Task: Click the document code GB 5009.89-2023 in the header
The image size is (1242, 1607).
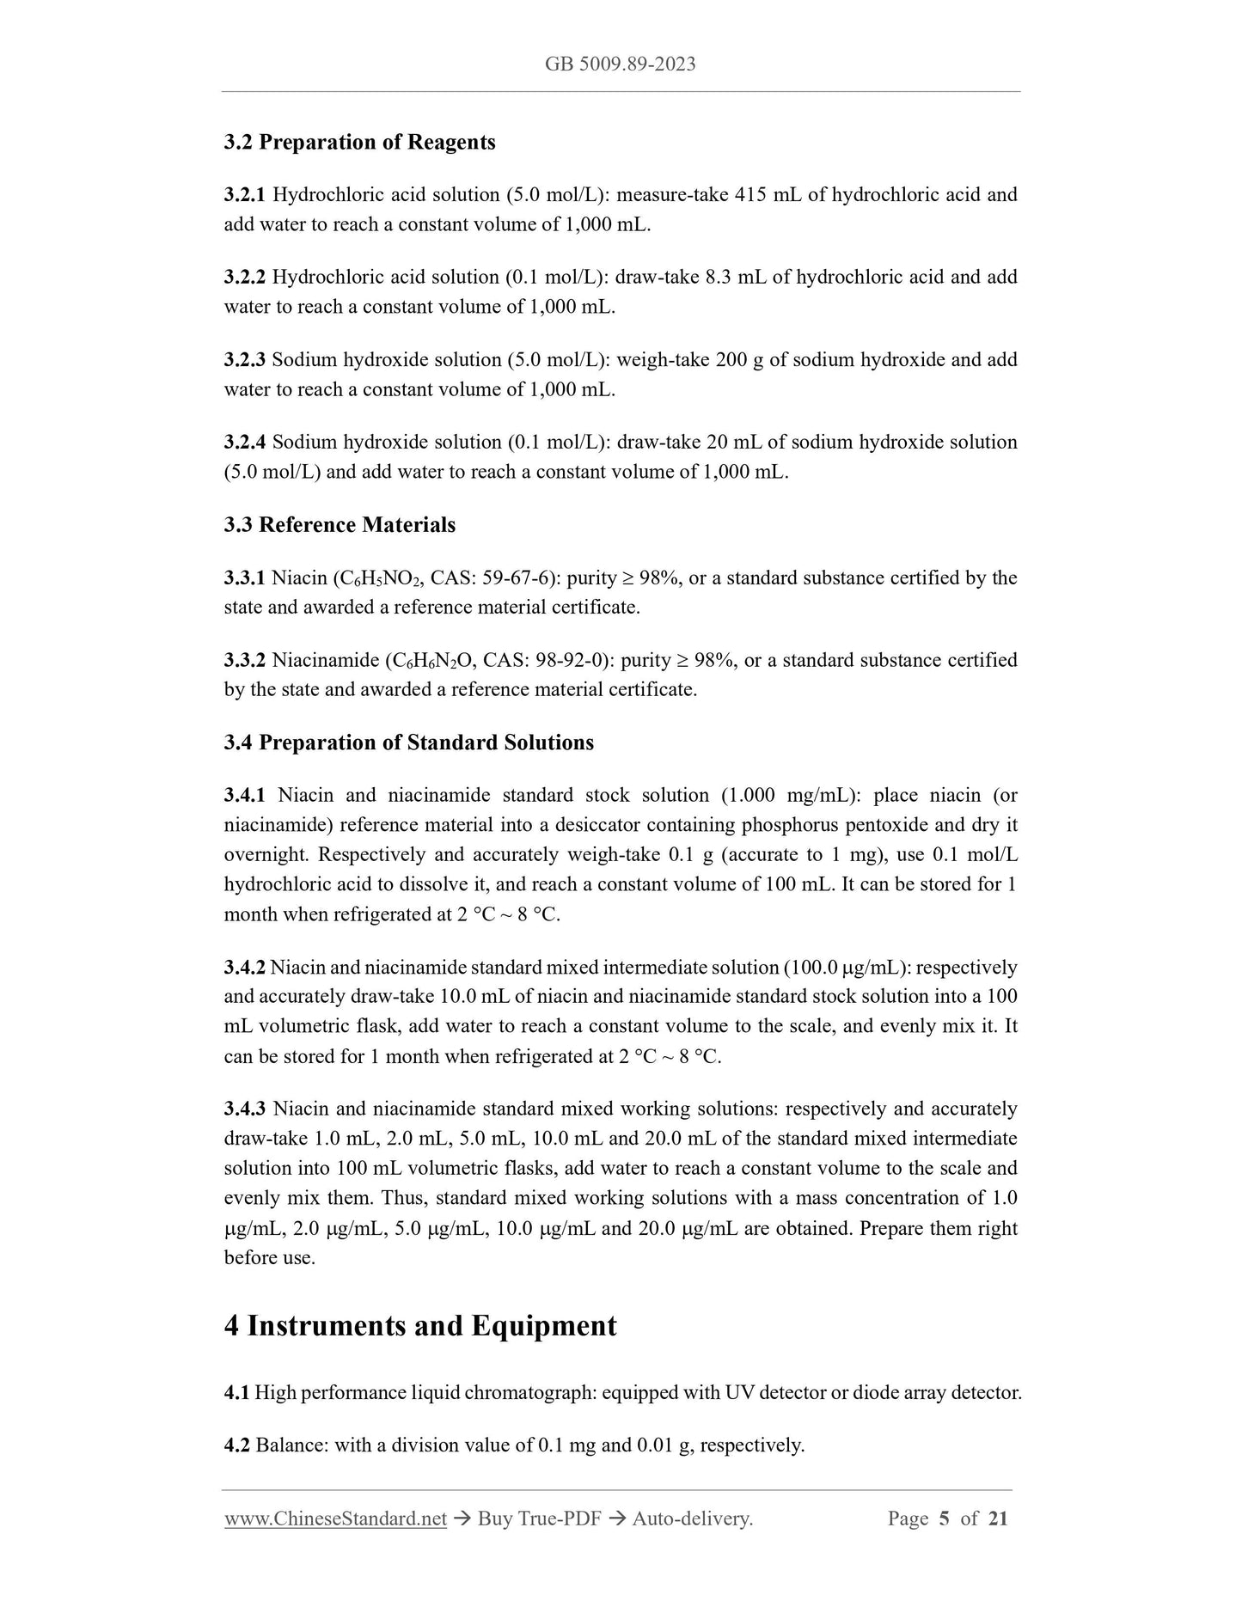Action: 620,64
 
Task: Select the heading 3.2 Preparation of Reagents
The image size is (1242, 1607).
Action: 359,142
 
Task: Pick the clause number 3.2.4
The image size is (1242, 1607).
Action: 245,442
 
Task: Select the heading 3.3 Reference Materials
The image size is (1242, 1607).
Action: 340,524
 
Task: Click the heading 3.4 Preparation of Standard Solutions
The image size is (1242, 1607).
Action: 408,742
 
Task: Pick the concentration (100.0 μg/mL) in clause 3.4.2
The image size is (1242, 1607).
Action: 847,967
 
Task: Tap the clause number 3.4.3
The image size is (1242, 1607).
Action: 245,1109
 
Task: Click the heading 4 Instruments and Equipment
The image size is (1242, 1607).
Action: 420,1325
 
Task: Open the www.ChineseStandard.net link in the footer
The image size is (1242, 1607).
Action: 335,1519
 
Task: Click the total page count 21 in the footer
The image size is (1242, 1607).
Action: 997,1519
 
